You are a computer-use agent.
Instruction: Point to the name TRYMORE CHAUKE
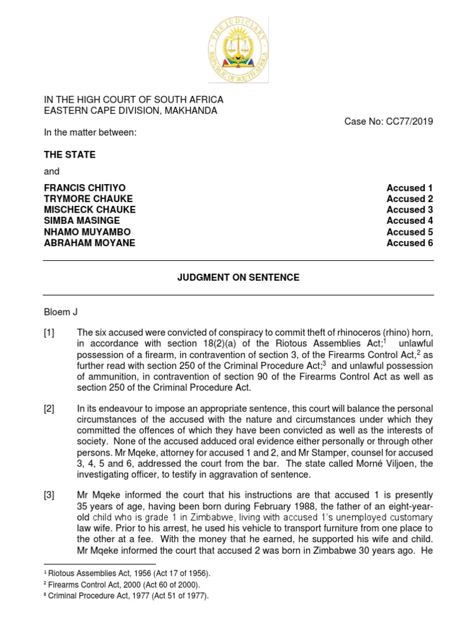pyautogui.click(x=88, y=198)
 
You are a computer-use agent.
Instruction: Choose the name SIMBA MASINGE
pyautogui.click(x=82, y=221)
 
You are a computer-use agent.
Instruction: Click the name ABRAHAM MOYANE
pyautogui.click(x=89, y=243)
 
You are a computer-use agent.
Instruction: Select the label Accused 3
pyautogui.click(x=409, y=210)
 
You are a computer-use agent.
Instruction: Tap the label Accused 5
pyautogui.click(x=409, y=232)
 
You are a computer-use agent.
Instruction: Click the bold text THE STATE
pyautogui.click(x=69, y=155)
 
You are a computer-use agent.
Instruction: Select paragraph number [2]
pyautogui.click(x=49, y=409)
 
